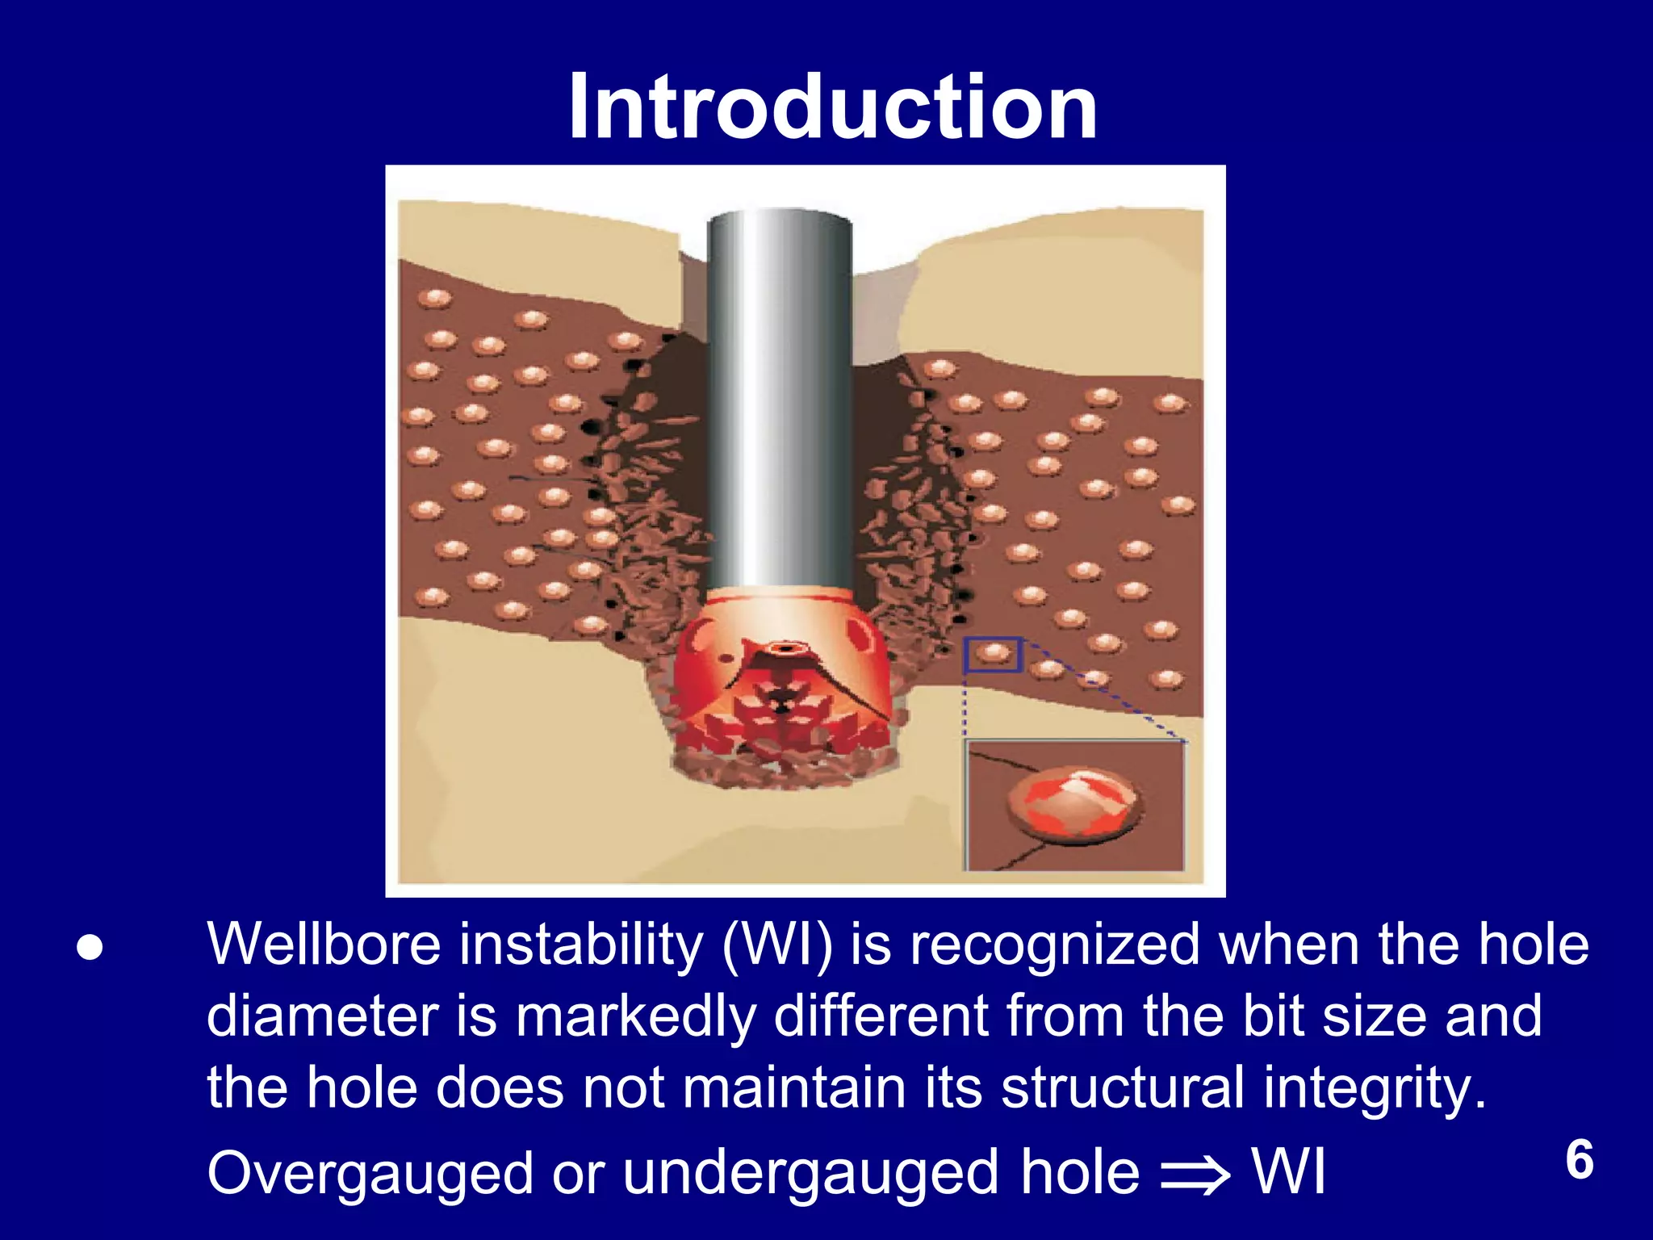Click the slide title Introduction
pyautogui.click(x=832, y=107)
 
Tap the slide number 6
pyautogui.click(x=1580, y=1160)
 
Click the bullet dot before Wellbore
pyautogui.click(x=90, y=948)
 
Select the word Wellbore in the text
pyautogui.click(x=324, y=945)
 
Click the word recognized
pyautogui.click(x=1056, y=945)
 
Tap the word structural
pyautogui.click(x=1123, y=1087)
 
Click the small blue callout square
pyautogui.click(x=994, y=655)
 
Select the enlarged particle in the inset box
pyautogui.click(x=1074, y=802)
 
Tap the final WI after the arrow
pyautogui.click(x=1289, y=1172)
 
